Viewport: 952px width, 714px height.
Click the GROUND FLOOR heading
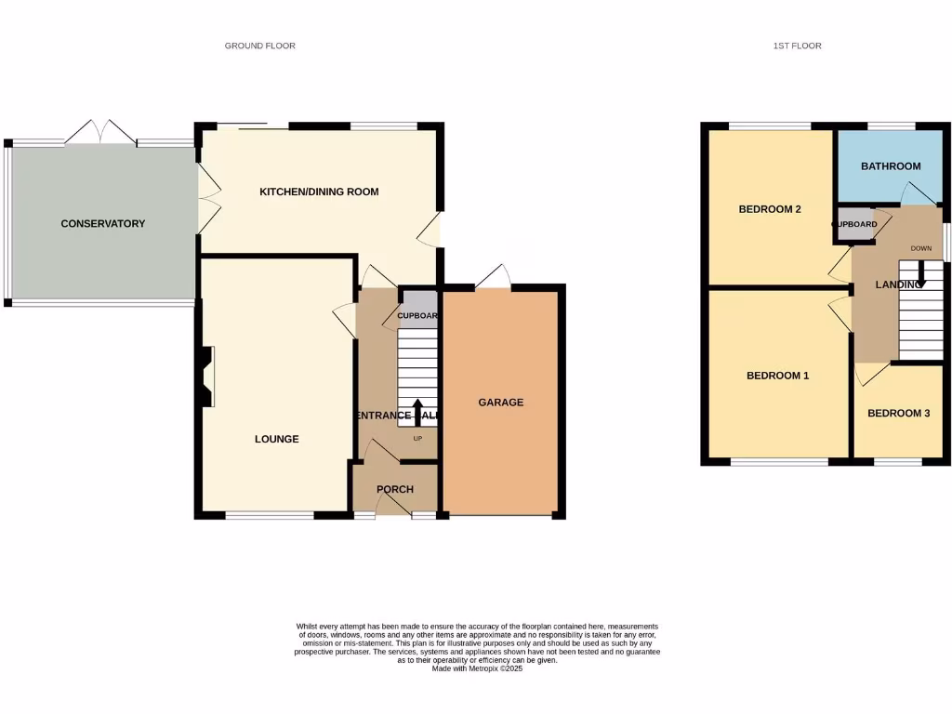coord(259,46)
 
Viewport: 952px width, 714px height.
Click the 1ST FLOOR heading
coord(797,46)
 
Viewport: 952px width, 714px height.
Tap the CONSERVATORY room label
coord(103,223)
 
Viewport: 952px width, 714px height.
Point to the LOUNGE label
coord(277,439)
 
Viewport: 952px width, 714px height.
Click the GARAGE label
coord(501,403)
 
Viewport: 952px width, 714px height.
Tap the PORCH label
coord(394,489)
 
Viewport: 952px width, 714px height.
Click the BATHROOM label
coord(891,166)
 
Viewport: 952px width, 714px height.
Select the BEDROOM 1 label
coord(778,376)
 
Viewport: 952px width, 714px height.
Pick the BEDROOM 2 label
coord(770,209)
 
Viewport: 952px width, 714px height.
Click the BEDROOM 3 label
coord(898,414)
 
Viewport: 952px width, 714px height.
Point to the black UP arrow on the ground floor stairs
coord(417,410)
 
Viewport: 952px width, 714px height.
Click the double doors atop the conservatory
coord(100,132)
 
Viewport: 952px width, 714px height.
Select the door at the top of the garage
coord(494,277)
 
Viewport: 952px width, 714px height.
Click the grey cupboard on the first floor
coord(853,226)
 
